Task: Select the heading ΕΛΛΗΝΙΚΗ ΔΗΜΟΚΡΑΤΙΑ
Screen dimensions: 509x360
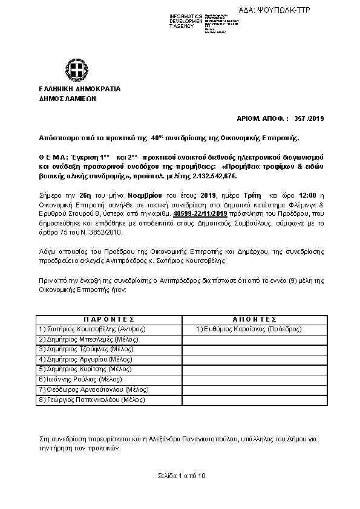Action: [x=79, y=89]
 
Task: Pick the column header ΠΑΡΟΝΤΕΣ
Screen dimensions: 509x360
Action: [x=108, y=319]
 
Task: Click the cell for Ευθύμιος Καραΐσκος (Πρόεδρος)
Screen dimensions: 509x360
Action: [x=249, y=329]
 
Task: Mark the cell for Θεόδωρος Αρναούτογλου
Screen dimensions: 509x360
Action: [x=93, y=389]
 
